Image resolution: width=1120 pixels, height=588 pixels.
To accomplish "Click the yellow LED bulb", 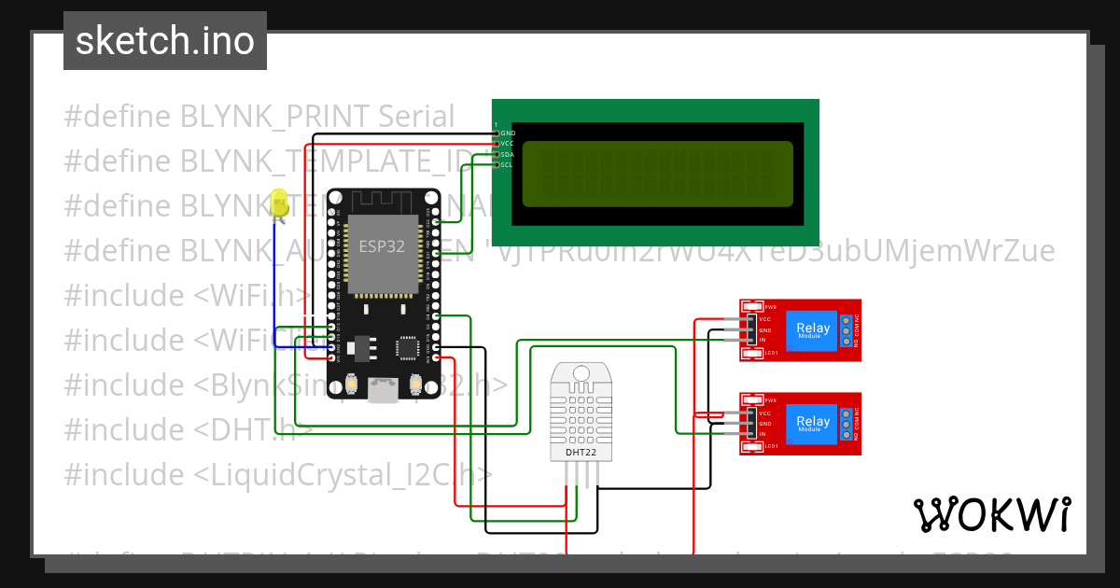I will tap(278, 203).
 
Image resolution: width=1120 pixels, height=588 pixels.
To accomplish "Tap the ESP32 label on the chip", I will tap(382, 246).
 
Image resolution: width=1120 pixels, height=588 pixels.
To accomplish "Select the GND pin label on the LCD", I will tap(508, 133).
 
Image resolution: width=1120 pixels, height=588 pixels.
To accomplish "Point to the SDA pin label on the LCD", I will tap(508, 154).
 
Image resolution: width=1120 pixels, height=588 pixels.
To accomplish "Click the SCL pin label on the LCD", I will tap(507, 164).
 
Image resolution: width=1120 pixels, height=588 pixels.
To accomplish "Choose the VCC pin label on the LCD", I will tap(508, 144).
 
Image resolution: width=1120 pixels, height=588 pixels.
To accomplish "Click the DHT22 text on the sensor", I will tap(581, 453).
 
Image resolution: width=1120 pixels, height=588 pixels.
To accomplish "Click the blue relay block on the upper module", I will tap(812, 329).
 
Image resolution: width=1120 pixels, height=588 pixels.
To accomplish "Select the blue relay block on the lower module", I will tap(812, 423).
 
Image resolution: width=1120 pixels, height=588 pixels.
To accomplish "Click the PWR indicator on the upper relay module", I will tap(770, 307).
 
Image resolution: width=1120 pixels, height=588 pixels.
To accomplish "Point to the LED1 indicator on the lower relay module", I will tap(770, 447).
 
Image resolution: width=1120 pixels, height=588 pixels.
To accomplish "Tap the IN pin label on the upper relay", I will tap(763, 341).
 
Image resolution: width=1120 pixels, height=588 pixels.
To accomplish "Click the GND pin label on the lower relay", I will tap(765, 424).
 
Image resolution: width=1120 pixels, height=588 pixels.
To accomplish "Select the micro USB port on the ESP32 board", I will tap(383, 391).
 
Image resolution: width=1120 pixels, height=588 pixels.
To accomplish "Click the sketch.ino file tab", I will tap(165, 41).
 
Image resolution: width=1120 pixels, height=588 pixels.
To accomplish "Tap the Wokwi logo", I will tap(991, 514).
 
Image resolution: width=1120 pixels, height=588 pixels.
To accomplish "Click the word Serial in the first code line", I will tap(416, 117).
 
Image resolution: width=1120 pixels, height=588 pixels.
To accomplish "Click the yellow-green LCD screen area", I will tap(657, 174).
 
